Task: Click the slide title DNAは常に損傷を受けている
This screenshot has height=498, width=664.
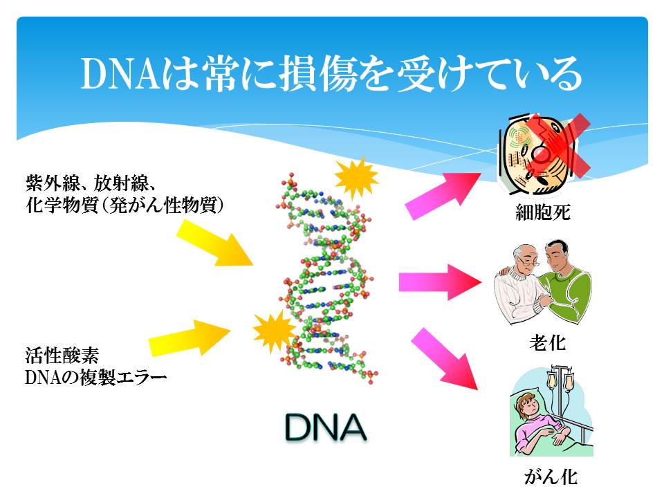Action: pyautogui.click(x=331, y=74)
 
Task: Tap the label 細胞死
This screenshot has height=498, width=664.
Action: pyautogui.click(x=542, y=212)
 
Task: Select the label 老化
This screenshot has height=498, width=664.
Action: pyautogui.click(x=547, y=342)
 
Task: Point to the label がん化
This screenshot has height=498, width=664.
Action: pyautogui.click(x=551, y=477)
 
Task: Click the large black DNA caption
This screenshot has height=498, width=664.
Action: pyautogui.click(x=326, y=427)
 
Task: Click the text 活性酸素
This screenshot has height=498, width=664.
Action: pyautogui.click(x=62, y=356)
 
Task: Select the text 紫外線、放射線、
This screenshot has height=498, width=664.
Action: pyautogui.click(x=91, y=183)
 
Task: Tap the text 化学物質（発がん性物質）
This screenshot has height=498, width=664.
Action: pyautogui.click(x=124, y=205)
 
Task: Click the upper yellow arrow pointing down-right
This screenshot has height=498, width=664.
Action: pyautogui.click(x=214, y=243)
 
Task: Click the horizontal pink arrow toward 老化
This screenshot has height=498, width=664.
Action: pyautogui.click(x=440, y=282)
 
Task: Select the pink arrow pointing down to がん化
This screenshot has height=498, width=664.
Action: pyautogui.click(x=444, y=358)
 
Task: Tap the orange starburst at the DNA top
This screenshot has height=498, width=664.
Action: pyautogui.click(x=356, y=178)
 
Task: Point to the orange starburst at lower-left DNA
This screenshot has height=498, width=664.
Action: pyautogui.click(x=274, y=331)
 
